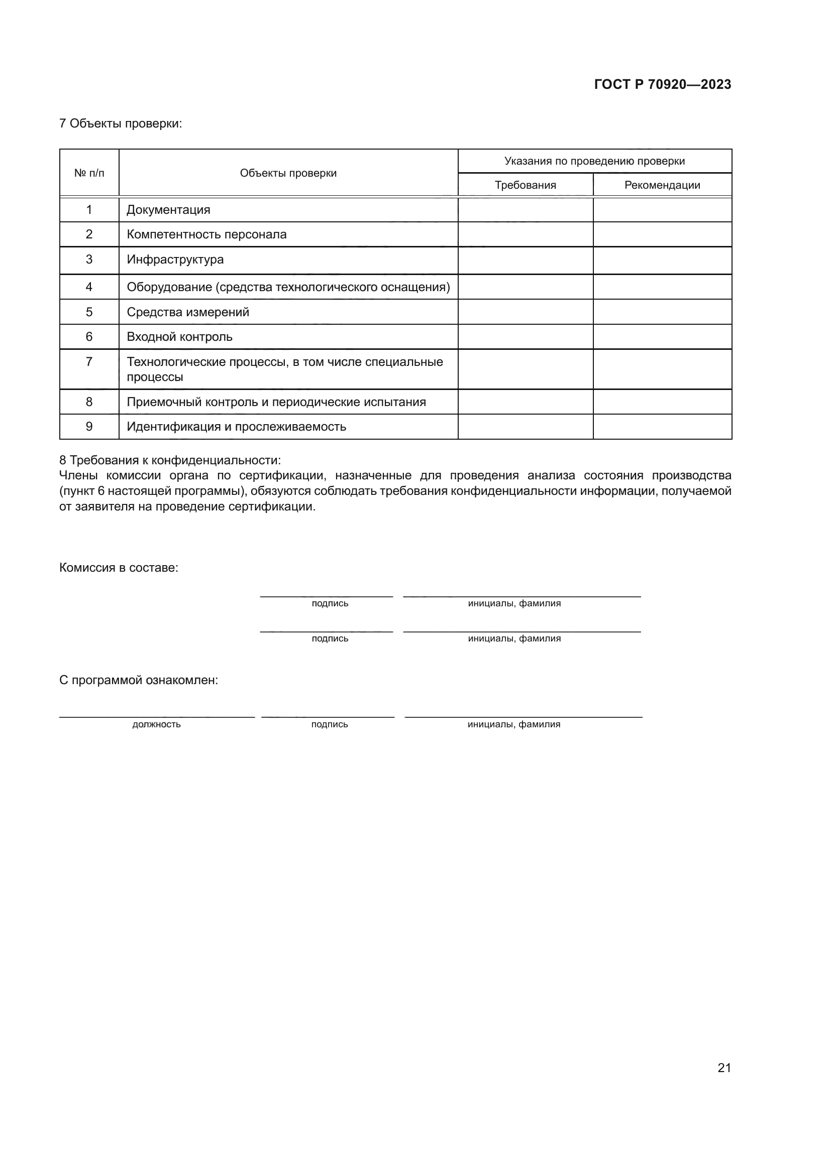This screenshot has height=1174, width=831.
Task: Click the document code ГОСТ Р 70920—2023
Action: coord(662,84)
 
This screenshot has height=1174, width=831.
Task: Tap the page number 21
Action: coord(724,1068)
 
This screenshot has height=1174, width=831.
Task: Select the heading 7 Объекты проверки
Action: coord(120,123)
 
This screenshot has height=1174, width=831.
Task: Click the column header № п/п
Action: coord(89,173)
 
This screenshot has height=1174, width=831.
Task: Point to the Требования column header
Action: coord(525,185)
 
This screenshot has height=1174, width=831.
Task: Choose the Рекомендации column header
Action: coord(662,185)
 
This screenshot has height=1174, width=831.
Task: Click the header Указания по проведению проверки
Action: coord(594,161)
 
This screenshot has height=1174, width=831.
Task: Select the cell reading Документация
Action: coord(168,210)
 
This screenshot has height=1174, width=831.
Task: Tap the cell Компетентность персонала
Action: coord(206,234)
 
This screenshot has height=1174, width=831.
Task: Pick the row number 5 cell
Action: coord(89,312)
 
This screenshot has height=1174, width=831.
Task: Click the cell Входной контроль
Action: coord(179,336)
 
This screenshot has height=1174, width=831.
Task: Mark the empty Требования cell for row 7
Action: coord(525,369)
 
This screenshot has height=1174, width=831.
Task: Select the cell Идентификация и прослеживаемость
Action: coord(236,427)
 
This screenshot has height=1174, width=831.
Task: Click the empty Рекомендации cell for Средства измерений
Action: coord(662,312)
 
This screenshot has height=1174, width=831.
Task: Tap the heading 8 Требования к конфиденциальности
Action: coord(170,460)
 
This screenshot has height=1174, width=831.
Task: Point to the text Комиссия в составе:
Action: coord(119,568)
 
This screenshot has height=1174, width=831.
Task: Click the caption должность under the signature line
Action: coord(156,724)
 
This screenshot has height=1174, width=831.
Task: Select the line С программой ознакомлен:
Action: coord(138,680)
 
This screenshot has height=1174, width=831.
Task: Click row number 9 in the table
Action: coord(89,427)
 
